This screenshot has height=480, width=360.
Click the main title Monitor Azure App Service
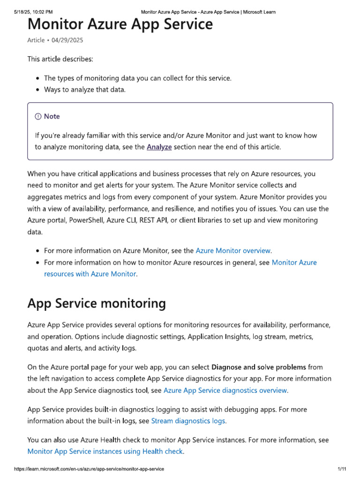click(x=120, y=24)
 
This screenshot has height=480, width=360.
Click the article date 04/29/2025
click(x=67, y=40)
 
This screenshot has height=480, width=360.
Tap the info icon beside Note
click(x=38, y=116)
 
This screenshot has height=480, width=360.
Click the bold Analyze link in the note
click(x=159, y=147)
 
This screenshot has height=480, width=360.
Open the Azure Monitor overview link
click(x=233, y=250)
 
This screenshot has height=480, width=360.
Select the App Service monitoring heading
click(x=97, y=304)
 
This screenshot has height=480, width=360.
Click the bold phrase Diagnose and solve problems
click(x=259, y=367)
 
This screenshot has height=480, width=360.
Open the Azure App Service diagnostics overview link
click(x=225, y=390)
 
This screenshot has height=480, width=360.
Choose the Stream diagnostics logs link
click(x=188, y=421)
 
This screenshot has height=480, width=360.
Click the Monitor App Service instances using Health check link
click(x=105, y=451)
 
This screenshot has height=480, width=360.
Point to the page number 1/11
click(x=342, y=469)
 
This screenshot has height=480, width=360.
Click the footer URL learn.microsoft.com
click(x=89, y=469)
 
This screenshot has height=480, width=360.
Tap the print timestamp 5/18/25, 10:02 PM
click(x=33, y=12)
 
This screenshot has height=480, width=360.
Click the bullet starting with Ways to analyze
click(x=85, y=90)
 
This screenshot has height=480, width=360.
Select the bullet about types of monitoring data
click(x=137, y=78)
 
